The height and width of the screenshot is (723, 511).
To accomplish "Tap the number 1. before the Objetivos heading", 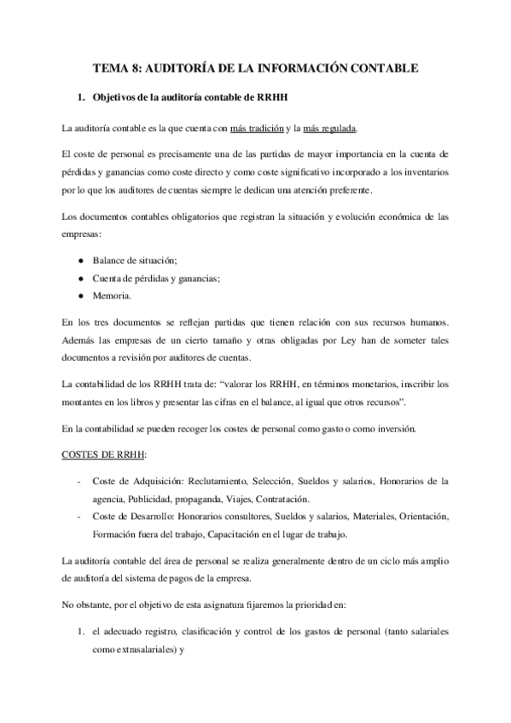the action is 81,98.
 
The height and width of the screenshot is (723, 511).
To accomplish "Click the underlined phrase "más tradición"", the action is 259,129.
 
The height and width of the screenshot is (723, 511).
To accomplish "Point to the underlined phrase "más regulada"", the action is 330,129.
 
